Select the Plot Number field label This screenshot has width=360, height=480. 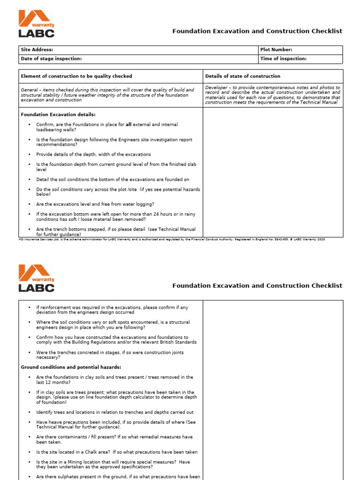tap(276, 50)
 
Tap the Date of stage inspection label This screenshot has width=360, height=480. tap(51, 59)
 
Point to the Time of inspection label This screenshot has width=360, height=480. tap(283, 59)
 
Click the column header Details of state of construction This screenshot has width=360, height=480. tap(243, 76)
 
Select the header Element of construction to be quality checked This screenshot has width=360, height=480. tap(76, 76)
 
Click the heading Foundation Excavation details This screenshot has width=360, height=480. tap(58, 114)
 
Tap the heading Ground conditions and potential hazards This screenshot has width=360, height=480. tap(71, 367)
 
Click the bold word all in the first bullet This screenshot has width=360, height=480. tap(128, 125)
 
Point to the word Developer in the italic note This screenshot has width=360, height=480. tap(216, 88)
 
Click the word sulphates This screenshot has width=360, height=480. tap(77, 477)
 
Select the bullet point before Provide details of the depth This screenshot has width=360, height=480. tap(30, 154)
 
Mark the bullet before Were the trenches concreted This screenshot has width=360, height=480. tap(30, 352)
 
